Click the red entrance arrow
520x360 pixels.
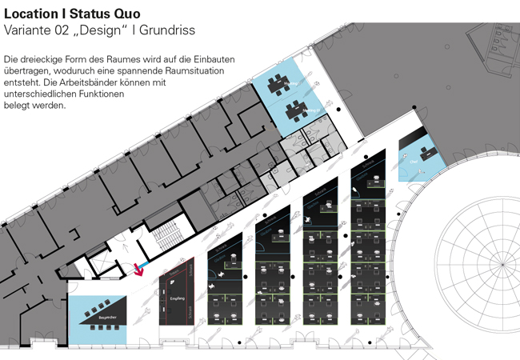click(141, 268)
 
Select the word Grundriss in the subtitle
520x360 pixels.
click(166, 30)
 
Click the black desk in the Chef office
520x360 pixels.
click(422, 150)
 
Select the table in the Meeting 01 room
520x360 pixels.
click(279, 82)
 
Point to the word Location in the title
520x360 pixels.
click(31, 14)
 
